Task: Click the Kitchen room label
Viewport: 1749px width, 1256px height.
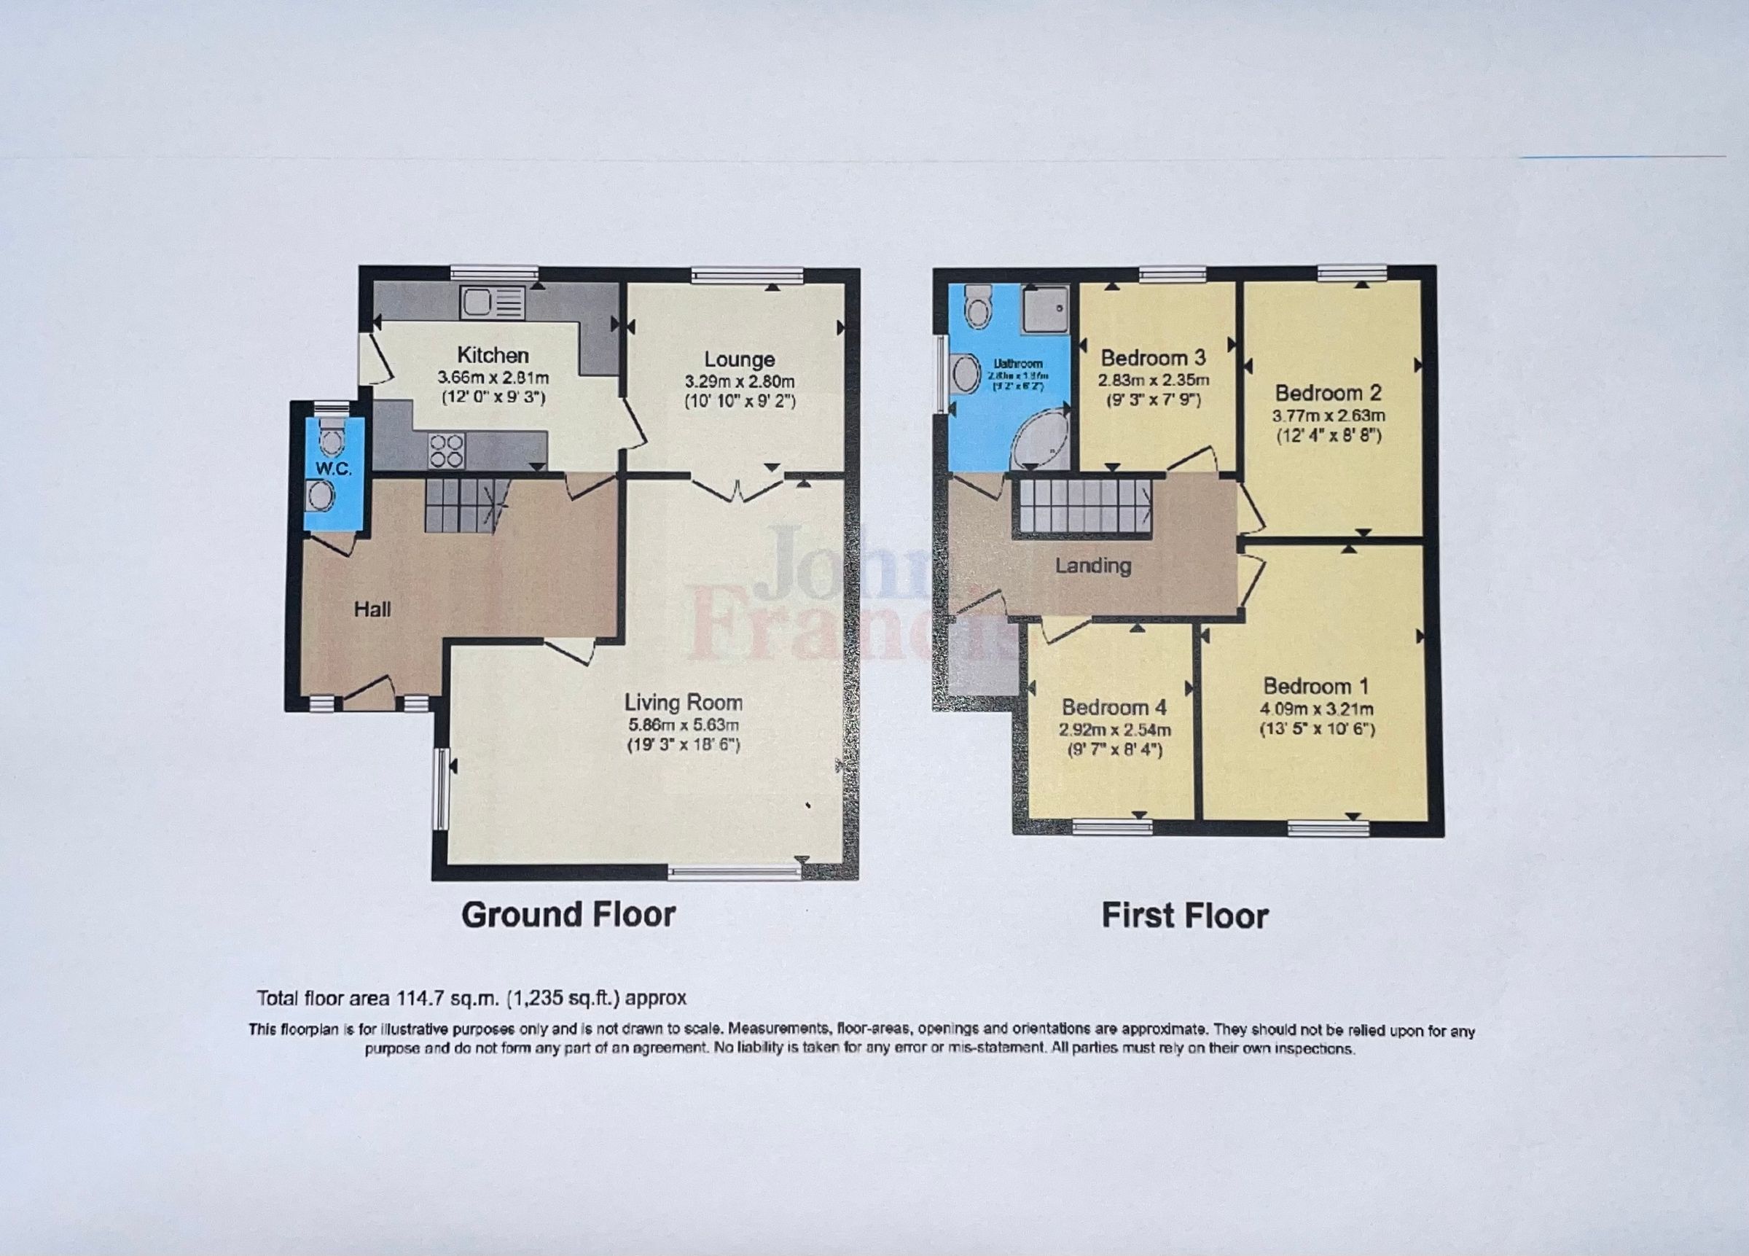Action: point(493,356)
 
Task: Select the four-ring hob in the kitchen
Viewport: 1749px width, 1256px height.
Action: point(447,450)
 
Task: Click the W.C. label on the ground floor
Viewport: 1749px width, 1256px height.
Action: point(333,469)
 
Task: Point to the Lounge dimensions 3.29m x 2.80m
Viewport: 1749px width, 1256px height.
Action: point(739,381)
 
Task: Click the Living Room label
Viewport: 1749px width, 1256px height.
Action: point(684,703)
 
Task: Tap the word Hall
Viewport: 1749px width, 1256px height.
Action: point(372,609)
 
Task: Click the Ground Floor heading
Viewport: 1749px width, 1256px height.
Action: point(568,915)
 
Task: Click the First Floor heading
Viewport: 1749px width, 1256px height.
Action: point(1184,916)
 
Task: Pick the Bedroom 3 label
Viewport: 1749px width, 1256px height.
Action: point(1153,358)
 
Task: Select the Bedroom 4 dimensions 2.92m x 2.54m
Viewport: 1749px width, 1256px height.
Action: point(1114,730)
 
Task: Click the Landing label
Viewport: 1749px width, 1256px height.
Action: point(1092,566)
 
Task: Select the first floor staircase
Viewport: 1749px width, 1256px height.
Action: point(1082,506)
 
